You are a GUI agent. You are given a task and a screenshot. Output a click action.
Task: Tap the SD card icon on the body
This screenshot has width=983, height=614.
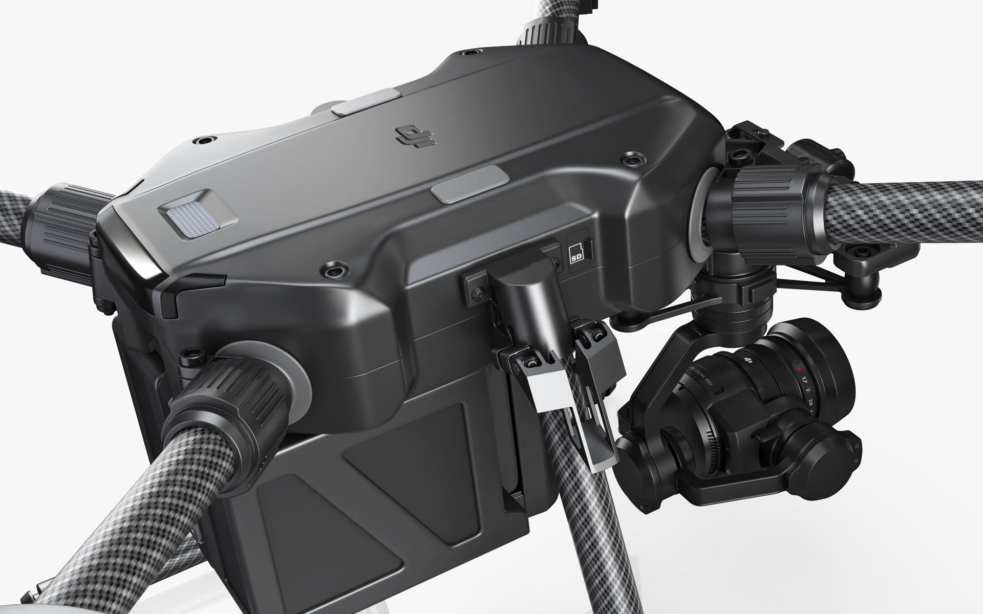pos(575,251)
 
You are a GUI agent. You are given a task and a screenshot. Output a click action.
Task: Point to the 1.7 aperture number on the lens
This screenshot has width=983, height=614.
pos(805,380)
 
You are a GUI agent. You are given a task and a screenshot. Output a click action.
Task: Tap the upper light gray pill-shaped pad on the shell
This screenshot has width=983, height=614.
pos(365,104)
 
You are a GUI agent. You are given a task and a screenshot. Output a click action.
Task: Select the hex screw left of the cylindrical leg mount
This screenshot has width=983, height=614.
pos(478,293)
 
